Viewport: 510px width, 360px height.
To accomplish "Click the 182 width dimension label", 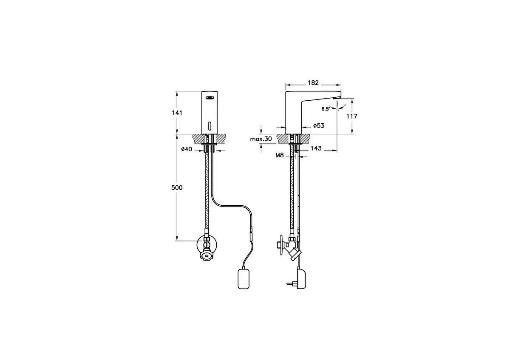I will tap(313, 83).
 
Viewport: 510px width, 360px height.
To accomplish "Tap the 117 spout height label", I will tap(352, 116).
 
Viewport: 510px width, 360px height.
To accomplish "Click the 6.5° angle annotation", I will tap(326, 109).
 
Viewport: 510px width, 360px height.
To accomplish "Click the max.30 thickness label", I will tap(261, 139).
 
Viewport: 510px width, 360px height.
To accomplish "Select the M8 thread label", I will tap(279, 156).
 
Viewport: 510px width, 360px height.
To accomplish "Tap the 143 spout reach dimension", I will tap(316, 148).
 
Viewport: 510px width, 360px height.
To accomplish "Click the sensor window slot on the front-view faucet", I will tap(209, 125).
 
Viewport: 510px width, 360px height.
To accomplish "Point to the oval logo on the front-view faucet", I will tap(209, 98).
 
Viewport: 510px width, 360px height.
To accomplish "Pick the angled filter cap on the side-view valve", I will tap(293, 255).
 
